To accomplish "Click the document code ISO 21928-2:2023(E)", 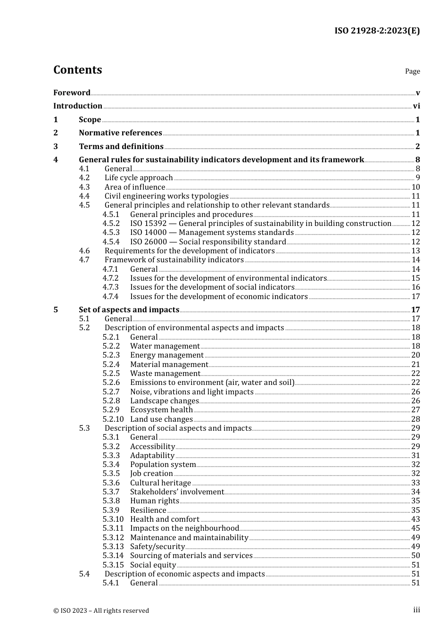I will click(x=377, y=31).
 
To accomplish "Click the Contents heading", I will click(x=77, y=70).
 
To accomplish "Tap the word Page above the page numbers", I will click(x=412, y=71).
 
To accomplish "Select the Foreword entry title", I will click(x=72, y=93).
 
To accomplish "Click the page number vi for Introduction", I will click(x=416, y=106).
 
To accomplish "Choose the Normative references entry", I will click(x=120, y=133).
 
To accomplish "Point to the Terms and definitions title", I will click(x=121, y=147).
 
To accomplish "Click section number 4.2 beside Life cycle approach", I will click(x=84, y=178).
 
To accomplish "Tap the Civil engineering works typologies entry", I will click(x=166, y=196).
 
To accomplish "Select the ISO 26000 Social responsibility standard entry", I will click(x=208, y=242).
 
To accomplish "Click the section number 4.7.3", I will click(x=111, y=287).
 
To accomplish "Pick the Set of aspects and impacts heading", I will click(x=129, y=310).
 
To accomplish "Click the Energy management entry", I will click(x=167, y=355).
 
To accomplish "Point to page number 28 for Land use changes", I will click(x=415, y=419).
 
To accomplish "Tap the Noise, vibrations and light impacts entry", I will click(x=192, y=392).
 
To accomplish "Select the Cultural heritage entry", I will click(x=160, y=483).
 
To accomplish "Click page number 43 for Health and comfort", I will click(x=415, y=519).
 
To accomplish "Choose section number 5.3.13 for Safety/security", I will click(x=113, y=547).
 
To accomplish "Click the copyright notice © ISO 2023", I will click(x=101, y=610).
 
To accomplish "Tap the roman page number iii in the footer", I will click(x=416, y=610).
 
